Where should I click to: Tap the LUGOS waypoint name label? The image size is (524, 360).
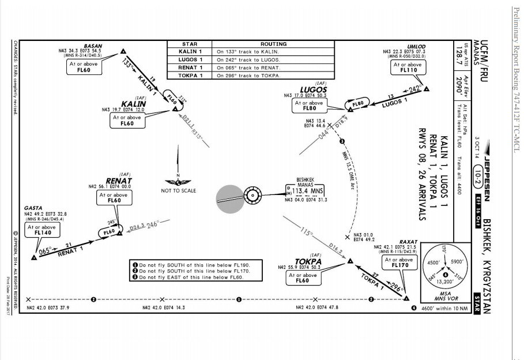314,90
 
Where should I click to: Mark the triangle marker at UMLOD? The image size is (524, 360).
427,89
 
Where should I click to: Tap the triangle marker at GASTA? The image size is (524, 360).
34,257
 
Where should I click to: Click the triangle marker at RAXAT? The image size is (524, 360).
406,298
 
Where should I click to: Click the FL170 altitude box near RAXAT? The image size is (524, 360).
400,262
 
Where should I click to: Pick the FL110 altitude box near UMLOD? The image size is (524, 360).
408,67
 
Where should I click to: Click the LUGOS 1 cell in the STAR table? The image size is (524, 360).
190,59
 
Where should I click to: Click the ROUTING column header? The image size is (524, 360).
273,44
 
